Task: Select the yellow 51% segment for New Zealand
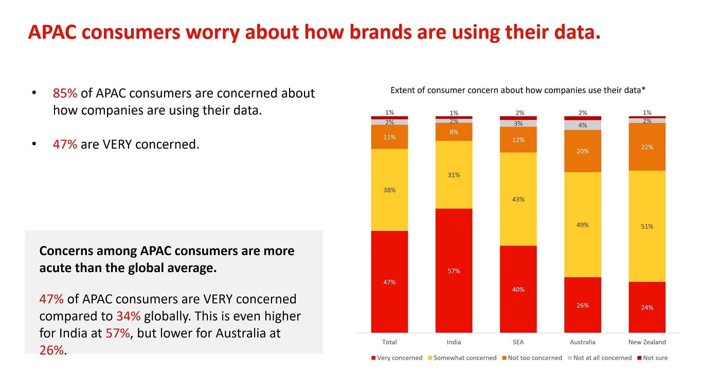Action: [647, 226]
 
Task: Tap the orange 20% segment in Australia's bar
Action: [583, 151]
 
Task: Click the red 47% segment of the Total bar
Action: [389, 281]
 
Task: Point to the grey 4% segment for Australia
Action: [583, 125]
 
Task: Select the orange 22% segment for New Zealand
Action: [647, 147]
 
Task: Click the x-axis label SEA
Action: [518, 342]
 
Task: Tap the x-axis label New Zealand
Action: [647, 342]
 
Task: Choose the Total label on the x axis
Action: [389, 342]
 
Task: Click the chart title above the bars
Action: [518, 90]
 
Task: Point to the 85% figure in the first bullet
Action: [65, 93]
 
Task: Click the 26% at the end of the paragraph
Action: [51, 350]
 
